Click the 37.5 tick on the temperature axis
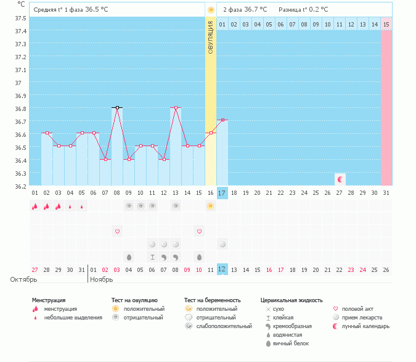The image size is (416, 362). pyautogui.click(x=20, y=18)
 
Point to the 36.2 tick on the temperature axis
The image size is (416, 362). pyautogui.click(x=20, y=186)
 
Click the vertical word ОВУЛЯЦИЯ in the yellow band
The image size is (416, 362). pyautogui.click(x=211, y=38)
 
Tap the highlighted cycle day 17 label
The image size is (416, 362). pyautogui.click(x=222, y=193)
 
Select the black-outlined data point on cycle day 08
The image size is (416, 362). pyautogui.click(x=116, y=107)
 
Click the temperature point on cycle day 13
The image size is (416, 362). pyautogui.click(x=176, y=107)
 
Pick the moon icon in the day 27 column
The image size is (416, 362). pyautogui.click(x=340, y=179)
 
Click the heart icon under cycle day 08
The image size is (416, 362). pyautogui.click(x=117, y=231)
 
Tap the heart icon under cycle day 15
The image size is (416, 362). pyautogui.click(x=199, y=231)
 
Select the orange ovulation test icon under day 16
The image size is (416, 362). pyautogui.click(x=211, y=206)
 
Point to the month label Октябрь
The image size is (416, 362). pyautogui.click(x=23, y=280)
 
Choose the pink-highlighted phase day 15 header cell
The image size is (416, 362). pyautogui.click(x=386, y=24)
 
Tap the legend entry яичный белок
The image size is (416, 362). pyautogui.click(x=292, y=343)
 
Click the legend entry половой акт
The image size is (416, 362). pyautogui.click(x=357, y=308)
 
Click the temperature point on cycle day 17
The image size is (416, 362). pyautogui.click(x=222, y=120)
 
